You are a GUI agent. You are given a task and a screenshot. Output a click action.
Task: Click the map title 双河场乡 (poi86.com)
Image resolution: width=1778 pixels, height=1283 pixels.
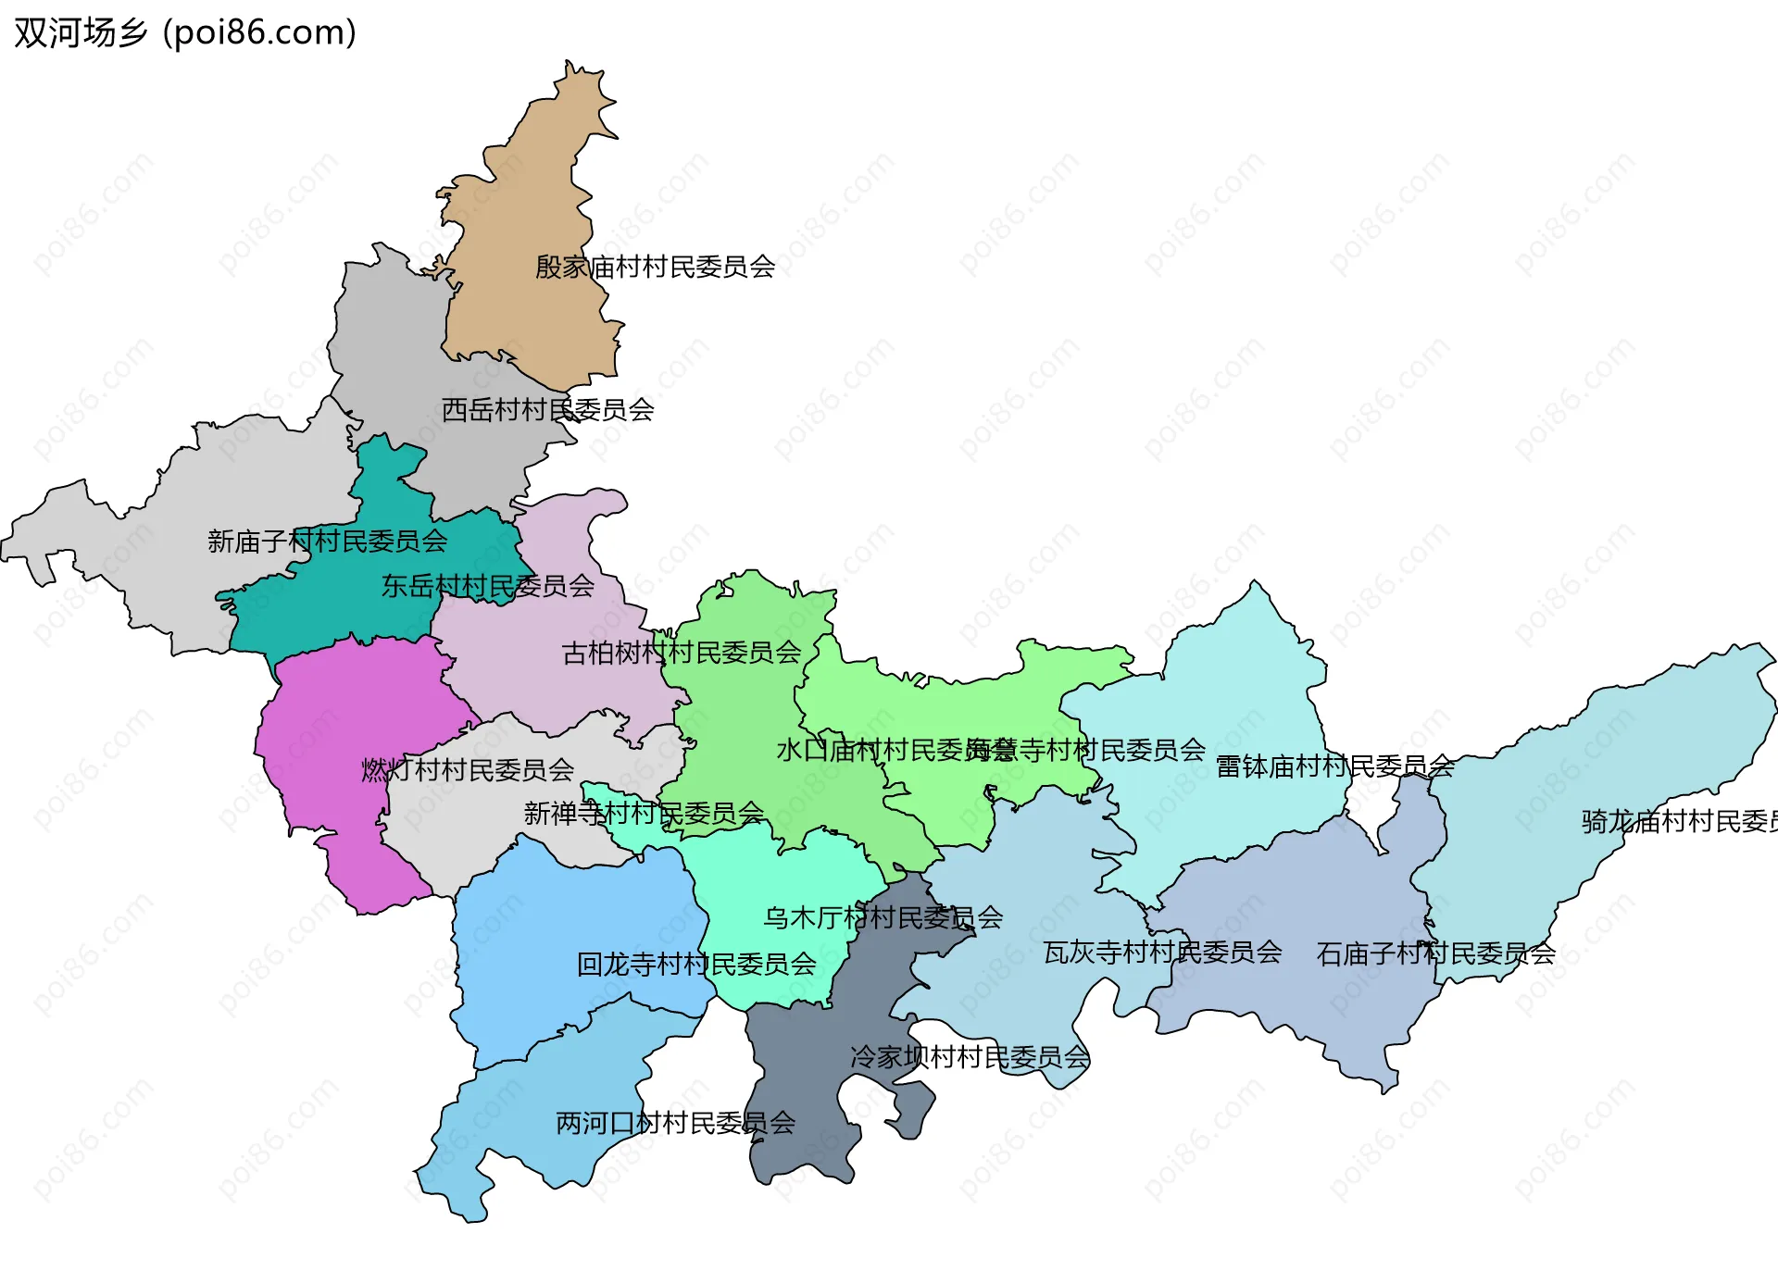coord(185,33)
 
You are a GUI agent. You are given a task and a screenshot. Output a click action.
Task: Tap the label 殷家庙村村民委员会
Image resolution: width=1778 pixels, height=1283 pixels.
coord(655,268)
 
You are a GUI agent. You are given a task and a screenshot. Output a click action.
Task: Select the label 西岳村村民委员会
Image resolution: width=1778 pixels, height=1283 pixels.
coord(547,410)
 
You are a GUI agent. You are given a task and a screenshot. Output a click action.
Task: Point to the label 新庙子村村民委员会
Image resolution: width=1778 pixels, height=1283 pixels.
coord(327,542)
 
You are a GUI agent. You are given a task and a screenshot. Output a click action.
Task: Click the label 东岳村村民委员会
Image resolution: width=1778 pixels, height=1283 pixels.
coord(487,586)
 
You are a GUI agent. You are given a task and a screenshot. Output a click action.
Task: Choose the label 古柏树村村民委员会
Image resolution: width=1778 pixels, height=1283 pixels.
coord(681,654)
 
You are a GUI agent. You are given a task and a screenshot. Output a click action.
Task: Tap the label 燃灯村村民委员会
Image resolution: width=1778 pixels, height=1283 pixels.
coord(467,770)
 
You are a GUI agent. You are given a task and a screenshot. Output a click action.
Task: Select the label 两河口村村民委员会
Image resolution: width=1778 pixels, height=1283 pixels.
coord(675,1124)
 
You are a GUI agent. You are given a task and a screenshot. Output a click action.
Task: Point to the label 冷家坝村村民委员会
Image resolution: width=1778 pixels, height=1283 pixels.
coord(970,1057)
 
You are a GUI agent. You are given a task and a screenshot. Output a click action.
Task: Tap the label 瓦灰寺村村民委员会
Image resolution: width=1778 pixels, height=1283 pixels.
coord(1162,953)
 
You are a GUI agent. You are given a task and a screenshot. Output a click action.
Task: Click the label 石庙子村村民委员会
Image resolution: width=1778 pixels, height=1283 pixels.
coord(1435,954)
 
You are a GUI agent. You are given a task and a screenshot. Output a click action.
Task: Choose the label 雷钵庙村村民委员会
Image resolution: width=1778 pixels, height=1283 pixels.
coord(1334,766)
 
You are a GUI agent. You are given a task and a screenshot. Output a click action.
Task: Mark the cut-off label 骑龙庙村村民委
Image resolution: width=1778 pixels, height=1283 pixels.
coord(1678,822)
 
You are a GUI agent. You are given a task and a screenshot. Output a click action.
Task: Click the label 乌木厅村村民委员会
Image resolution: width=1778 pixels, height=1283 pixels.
coord(883,918)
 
